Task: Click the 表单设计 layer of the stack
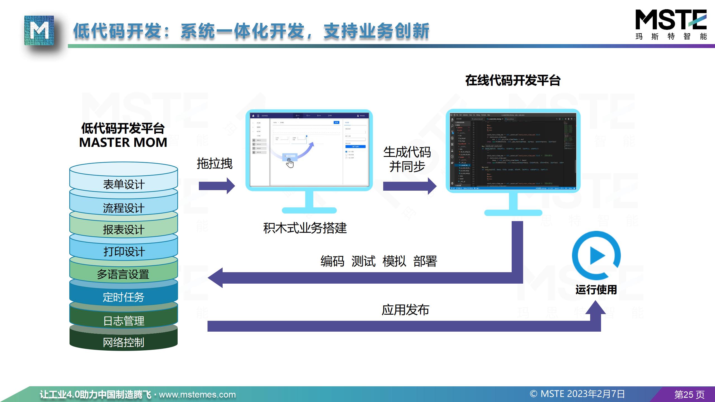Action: (x=124, y=184)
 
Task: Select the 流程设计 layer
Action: (x=124, y=208)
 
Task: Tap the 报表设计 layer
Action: (x=124, y=229)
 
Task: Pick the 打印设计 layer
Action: (x=124, y=252)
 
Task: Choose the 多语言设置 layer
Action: (x=123, y=274)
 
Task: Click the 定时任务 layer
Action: (x=123, y=297)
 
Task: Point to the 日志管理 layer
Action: (x=124, y=321)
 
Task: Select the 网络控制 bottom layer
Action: (x=123, y=342)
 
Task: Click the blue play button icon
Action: (x=596, y=255)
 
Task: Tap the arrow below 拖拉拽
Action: (x=217, y=186)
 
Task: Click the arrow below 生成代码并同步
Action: (x=409, y=186)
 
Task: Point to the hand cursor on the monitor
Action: (x=290, y=163)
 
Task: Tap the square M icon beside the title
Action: (x=39, y=30)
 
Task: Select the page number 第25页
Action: (x=689, y=394)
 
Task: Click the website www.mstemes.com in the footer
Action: (x=197, y=394)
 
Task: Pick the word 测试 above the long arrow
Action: (x=363, y=261)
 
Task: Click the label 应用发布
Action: (x=405, y=310)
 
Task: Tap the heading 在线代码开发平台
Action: (x=513, y=80)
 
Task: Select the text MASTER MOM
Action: (x=123, y=142)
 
